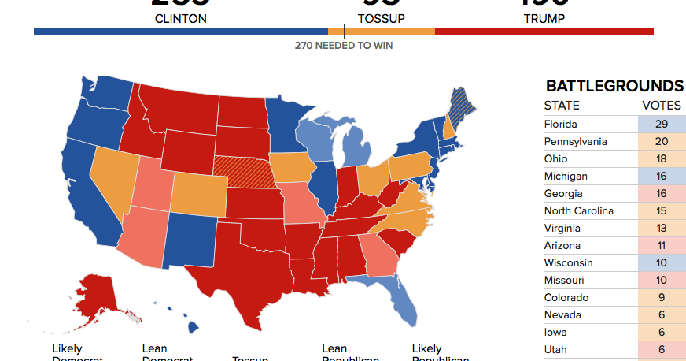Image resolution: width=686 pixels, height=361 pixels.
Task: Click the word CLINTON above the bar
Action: click(180, 18)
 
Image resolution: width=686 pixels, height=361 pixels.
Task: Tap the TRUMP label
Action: click(544, 18)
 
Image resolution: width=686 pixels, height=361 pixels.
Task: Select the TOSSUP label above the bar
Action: click(381, 18)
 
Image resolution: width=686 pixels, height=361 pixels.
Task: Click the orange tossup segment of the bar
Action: click(382, 32)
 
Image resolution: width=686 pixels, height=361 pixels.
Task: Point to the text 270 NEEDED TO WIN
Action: click(344, 45)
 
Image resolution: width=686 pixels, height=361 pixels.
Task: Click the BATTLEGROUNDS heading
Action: click(614, 86)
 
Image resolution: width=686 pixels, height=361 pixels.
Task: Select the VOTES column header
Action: click(661, 106)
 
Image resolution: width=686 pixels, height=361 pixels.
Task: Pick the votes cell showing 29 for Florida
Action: click(661, 124)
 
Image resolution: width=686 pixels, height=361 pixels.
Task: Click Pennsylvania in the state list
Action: click(576, 141)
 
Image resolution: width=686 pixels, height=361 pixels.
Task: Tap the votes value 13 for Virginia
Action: click(661, 228)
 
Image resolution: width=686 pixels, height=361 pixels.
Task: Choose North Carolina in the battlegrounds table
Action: click(578, 210)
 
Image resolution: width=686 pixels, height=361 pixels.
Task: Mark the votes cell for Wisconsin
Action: click(661, 262)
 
